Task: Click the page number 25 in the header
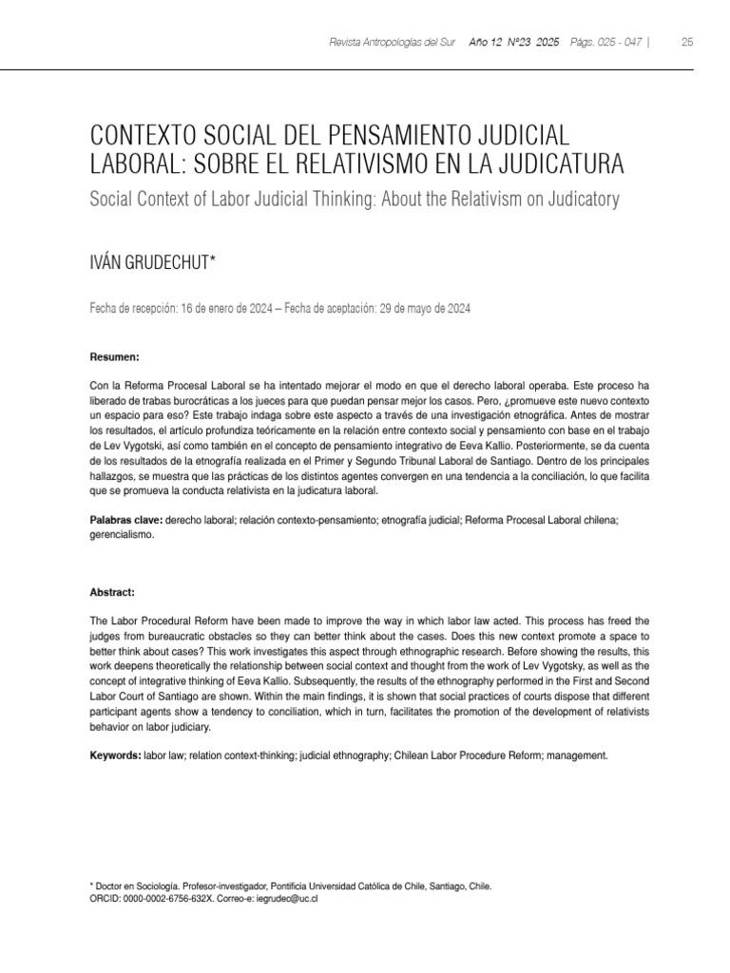(x=687, y=43)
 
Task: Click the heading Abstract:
(x=112, y=591)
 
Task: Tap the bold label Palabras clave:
(x=125, y=521)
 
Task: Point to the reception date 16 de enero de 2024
(x=226, y=309)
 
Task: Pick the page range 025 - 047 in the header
(x=617, y=43)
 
